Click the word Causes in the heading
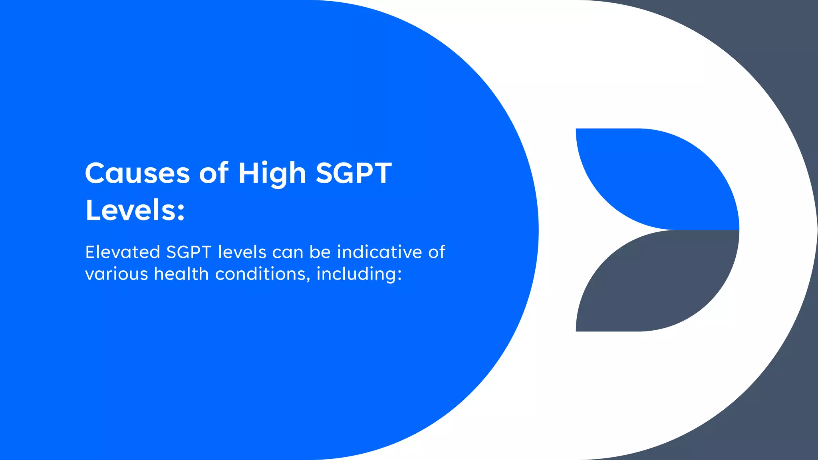[x=137, y=174]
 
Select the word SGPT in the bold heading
[x=353, y=174]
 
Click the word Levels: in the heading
[x=135, y=210]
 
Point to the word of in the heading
[x=214, y=174]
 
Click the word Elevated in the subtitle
[x=123, y=252]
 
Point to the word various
[x=117, y=274]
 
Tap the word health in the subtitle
[x=181, y=274]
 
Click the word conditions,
[x=263, y=274]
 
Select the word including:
[x=359, y=274]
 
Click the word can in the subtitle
[x=288, y=252]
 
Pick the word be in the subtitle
[x=320, y=252]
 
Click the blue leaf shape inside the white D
[x=659, y=180]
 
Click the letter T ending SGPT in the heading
[x=381, y=174]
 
